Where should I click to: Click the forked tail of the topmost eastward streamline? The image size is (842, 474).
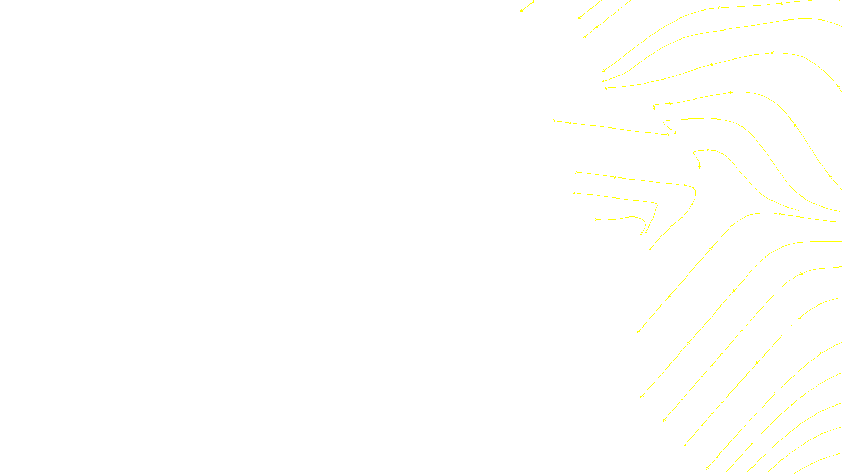[554, 121]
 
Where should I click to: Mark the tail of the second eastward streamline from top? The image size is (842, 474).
[576, 172]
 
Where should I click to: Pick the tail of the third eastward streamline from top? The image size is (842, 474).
[574, 193]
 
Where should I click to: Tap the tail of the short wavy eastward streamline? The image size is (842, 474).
[596, 219]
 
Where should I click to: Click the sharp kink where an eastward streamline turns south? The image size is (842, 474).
[657, 204]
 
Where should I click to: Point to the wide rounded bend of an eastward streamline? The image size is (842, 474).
[694, 191]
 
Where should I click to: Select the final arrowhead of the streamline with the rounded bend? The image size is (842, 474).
[650, 249]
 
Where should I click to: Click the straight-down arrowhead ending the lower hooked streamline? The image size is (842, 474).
[699, 168]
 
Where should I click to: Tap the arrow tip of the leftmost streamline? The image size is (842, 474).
[521, 11]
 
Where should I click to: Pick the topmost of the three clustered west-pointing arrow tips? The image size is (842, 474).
[603, 71]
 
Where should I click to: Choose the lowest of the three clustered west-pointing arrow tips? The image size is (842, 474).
[606, 88]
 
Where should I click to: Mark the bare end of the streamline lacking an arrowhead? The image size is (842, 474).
[799, 210]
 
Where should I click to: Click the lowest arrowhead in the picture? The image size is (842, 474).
[707, 468]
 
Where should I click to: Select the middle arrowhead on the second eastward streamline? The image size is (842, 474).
[615, 177]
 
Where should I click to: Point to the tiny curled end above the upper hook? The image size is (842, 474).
[654, 108]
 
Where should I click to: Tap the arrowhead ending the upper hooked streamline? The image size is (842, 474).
[675, 133]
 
